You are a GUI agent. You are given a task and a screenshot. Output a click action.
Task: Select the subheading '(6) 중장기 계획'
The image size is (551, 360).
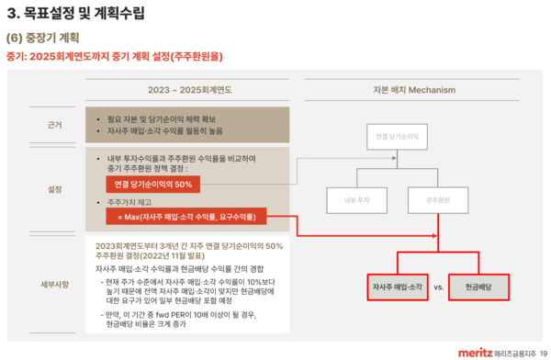coord(42,39)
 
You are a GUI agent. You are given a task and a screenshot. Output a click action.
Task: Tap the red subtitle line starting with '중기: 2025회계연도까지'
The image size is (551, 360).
coord(115,56)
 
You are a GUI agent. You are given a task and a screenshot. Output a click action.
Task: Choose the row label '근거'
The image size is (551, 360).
coord(55,123)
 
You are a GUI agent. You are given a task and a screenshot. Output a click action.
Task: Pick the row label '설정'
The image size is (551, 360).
coord(55,189)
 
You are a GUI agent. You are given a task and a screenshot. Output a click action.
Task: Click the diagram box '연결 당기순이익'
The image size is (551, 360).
coord(397,137)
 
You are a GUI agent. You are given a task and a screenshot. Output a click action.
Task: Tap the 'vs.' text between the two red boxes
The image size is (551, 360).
coord(438,287)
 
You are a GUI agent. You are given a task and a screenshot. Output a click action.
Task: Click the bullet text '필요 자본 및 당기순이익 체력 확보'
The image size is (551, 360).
coord(166,118)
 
